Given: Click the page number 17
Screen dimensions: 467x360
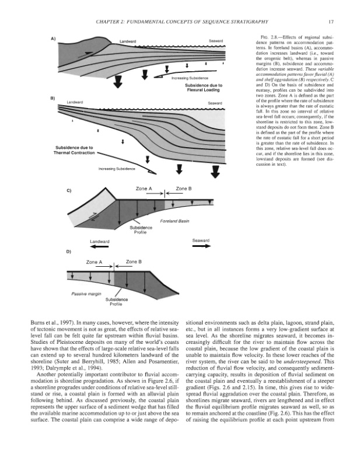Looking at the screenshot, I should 330,23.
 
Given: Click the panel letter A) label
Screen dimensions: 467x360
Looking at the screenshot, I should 53,39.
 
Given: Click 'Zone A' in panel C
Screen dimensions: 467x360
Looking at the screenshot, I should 144,189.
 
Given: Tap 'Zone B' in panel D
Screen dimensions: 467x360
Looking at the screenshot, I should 135,263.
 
